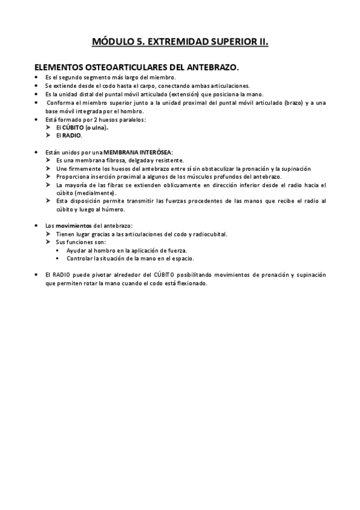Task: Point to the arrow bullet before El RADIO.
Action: (49, 135)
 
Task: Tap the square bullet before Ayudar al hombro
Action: (58, 250)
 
